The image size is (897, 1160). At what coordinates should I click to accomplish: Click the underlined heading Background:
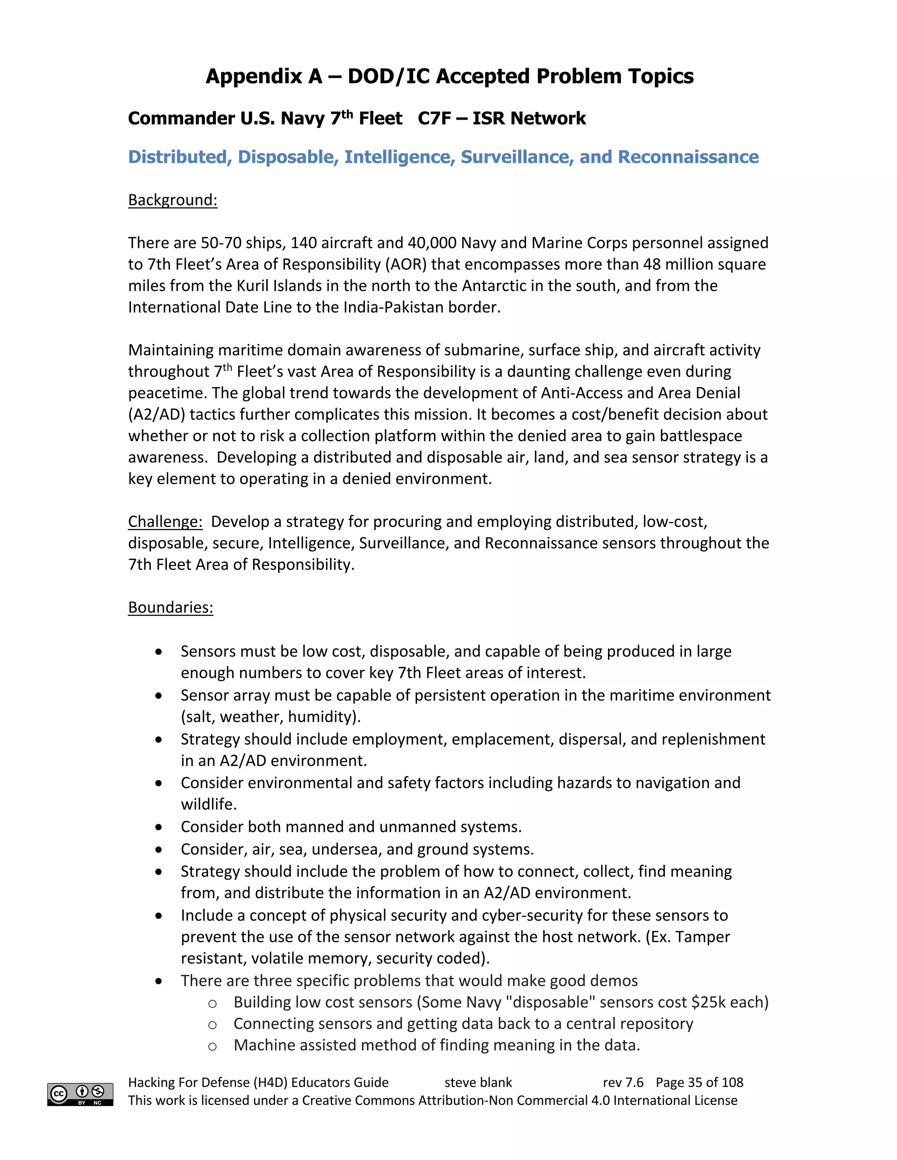[173, 200]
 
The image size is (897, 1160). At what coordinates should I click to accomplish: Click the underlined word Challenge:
[165, 522]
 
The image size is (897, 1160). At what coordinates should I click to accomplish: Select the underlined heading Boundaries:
[170, 607]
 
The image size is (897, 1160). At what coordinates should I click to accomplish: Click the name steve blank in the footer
[478, 1083]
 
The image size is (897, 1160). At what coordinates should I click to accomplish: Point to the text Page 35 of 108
[699, 1083]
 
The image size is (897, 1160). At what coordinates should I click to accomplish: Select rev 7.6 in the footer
[623, 1083]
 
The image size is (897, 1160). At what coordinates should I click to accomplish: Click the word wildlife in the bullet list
[207, 805]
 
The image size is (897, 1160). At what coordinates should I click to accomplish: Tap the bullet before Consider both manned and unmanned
[159, 827]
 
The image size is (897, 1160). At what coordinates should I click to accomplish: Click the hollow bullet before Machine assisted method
[212, 1046]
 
